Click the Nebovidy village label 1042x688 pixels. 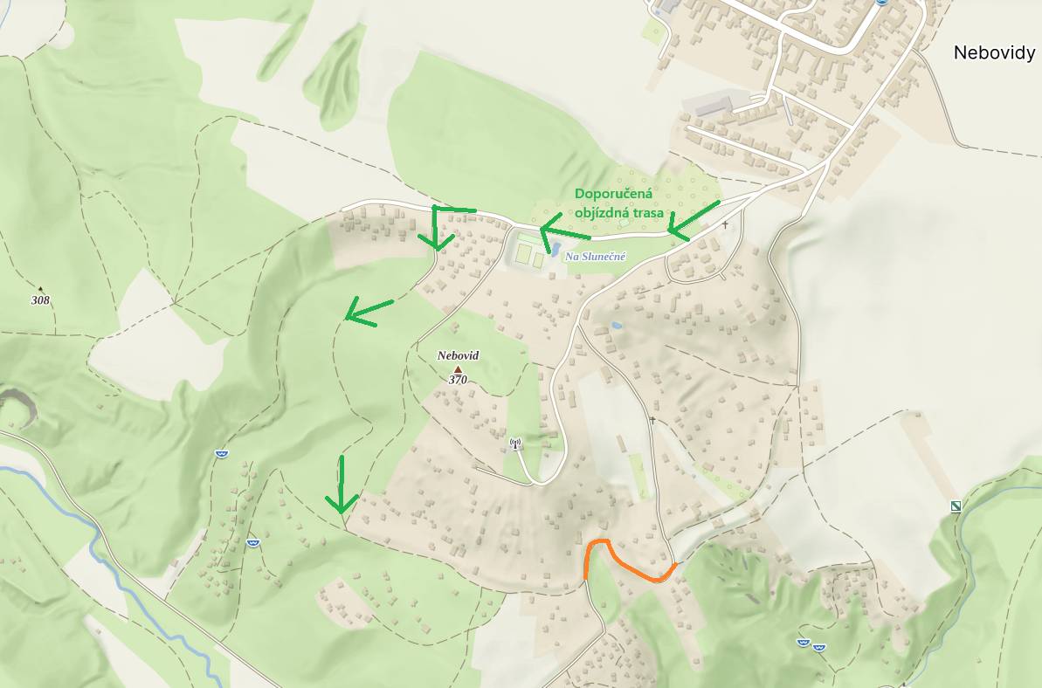[x=994, y=52]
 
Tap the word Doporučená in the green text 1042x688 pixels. [x=614, y=194]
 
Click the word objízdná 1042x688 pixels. [x=602, y=213]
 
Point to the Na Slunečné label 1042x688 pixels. [x=596, y=256]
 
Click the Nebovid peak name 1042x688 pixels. [x=459, y=356]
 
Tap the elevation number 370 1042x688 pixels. [x=458, y=380]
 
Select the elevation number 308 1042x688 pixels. [x=40, y=300]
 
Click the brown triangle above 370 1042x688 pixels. [x=458, y=369]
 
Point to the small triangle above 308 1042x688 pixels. [x=40, y=289]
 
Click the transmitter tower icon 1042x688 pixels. [x=515, y=444]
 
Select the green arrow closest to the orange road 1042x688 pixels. [x=342, y=485]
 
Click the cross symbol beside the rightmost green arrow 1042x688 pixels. [x=725, y=225]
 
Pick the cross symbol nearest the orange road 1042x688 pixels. [x=652, y=420]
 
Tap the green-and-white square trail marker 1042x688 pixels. [x=956, y=506]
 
